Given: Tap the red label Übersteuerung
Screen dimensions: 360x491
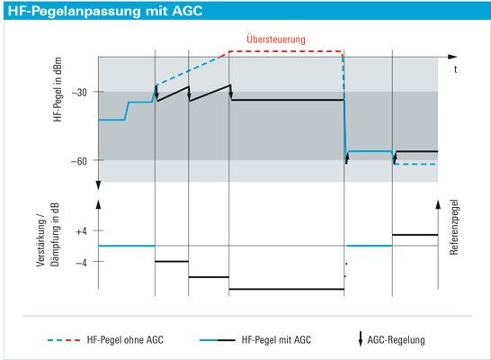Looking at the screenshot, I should click(277, 40).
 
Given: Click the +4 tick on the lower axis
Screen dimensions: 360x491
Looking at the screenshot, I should click(81, 231).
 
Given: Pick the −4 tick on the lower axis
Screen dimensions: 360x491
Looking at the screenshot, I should click(81, 262).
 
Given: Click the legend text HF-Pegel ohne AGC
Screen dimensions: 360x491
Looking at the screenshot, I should click(125, 340).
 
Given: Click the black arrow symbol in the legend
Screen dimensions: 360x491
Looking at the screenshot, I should click(361, 339).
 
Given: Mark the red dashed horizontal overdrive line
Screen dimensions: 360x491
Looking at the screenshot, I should click(286, 51).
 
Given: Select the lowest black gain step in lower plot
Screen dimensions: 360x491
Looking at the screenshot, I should click(286, 289).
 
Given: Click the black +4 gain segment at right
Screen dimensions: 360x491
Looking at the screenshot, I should click(415, 235).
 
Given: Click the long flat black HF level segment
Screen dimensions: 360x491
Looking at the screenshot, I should click(286, 100).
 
